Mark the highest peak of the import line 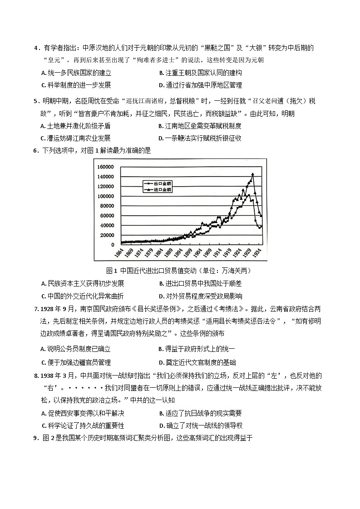(252, 173)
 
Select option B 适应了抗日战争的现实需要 (200, 413)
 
